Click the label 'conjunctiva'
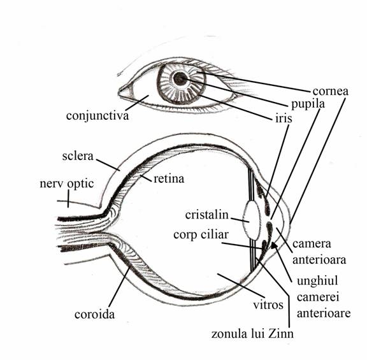(97, 116)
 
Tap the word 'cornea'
(330, 92)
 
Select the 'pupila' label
(308, 104)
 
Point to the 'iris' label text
(284, 119)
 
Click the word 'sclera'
(78, 156)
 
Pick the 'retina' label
(169, 179)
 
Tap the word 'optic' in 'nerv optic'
(81, 184)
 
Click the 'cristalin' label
(206, 215)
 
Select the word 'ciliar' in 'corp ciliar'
(213, 234)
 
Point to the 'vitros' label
(268, 305)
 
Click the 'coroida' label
(94, 314)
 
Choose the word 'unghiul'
(317, 281)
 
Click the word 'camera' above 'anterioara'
(312, 244)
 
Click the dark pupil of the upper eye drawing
(180, 78)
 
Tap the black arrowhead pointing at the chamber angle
(274, 245)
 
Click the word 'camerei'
(318, 298)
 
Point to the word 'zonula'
(229, 334)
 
